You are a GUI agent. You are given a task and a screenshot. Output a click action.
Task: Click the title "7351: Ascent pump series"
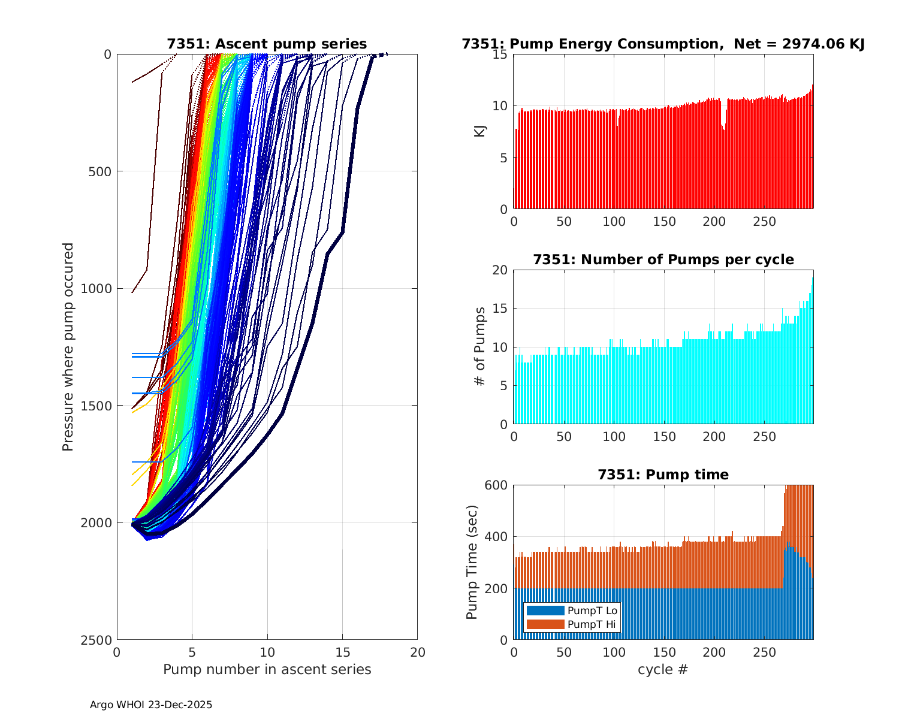(x=267, y=44)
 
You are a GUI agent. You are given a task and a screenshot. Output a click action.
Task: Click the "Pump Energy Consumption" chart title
(x=663, y=44)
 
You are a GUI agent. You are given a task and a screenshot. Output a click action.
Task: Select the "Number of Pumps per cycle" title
(x=663, y=259)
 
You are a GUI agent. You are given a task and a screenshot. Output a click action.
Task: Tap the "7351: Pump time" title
(x=663, y=475)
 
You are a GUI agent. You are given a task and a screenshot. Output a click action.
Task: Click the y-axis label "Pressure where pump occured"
(x=68, y=346)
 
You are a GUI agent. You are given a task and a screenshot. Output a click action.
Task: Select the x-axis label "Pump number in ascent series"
(x=267, y=669)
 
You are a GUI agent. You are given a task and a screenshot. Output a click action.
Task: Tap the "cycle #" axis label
(x=663, y=669)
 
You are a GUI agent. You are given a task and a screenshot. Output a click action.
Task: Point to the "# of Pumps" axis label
(x=480, y=346)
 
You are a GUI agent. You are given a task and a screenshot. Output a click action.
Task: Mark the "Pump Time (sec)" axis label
(x=472, y=562)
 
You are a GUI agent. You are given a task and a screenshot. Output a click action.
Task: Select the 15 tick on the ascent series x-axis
(x=342, y=652)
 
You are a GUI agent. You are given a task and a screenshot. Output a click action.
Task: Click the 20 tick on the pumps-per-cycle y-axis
(x=499, y=270)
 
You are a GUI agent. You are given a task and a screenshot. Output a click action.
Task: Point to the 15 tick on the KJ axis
(x=499, y=55)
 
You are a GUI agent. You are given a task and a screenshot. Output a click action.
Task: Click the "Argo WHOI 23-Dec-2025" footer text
(x=151, y=705)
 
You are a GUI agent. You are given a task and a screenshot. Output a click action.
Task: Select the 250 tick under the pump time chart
(x=764, y=652)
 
